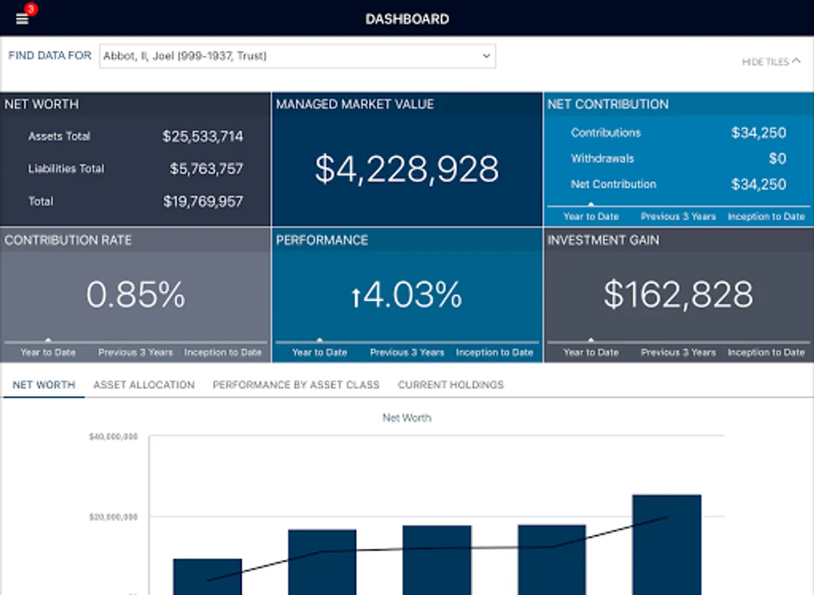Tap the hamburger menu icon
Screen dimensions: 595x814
[x=22, y=19]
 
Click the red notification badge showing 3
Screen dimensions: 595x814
[x=30, y=9]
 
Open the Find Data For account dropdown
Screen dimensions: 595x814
[x=297, y=56]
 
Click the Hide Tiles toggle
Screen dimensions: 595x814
[x=770, y=61]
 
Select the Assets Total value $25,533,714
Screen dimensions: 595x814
[x=203, y=137]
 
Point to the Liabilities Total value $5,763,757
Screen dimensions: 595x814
[x=206, y=169]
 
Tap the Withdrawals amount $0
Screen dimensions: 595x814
[x=777, y=159]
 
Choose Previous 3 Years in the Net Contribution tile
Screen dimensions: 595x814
[x=678, y=216]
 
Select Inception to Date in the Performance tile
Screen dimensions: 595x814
[x=494, y=352]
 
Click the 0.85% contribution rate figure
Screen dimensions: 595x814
[x=135, y=295]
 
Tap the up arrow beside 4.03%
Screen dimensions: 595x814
[x=356, y=298]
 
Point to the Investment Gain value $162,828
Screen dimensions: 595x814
[x=678, y=295]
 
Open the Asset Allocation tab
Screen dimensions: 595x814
[x=144, y=385]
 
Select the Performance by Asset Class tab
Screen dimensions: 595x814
[x=296, y=385]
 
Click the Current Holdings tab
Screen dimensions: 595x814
[x=451, y=385]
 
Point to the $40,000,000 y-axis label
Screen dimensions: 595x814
[x=113, y=437]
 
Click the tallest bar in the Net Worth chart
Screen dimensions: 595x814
[x=667, y=545]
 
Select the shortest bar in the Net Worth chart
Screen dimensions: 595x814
[x=207, y=576]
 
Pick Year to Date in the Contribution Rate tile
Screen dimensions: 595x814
[x=48, y=352]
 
